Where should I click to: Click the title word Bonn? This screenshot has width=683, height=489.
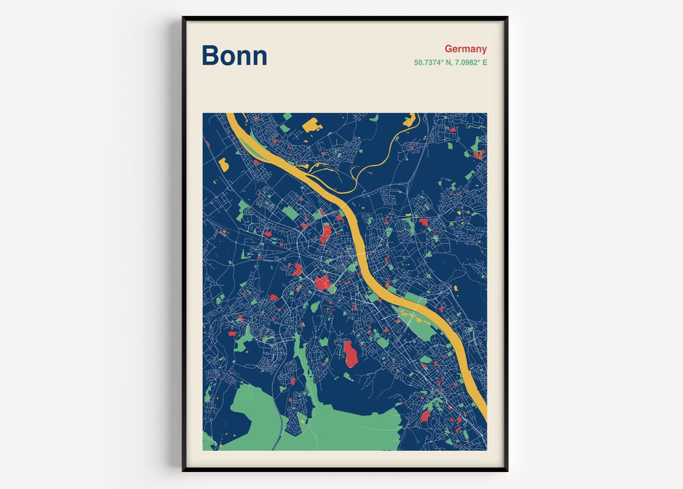click(234, 56)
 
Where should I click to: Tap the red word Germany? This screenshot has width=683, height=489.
click(465, 49)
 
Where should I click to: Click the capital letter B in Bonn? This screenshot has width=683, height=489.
click(211, 56)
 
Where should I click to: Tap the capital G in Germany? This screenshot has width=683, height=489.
click(448, 49)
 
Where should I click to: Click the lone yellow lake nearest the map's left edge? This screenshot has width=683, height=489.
click(223, 165)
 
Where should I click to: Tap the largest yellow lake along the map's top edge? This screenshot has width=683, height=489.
click(312, 124)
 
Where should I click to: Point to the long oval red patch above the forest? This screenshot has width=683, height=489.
click(350, 354)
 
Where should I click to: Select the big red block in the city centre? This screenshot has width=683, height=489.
click(323, 282)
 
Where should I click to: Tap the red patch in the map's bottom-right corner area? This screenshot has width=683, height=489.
click(425, 414)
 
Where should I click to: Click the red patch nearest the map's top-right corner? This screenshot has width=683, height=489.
click(478, 154)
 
